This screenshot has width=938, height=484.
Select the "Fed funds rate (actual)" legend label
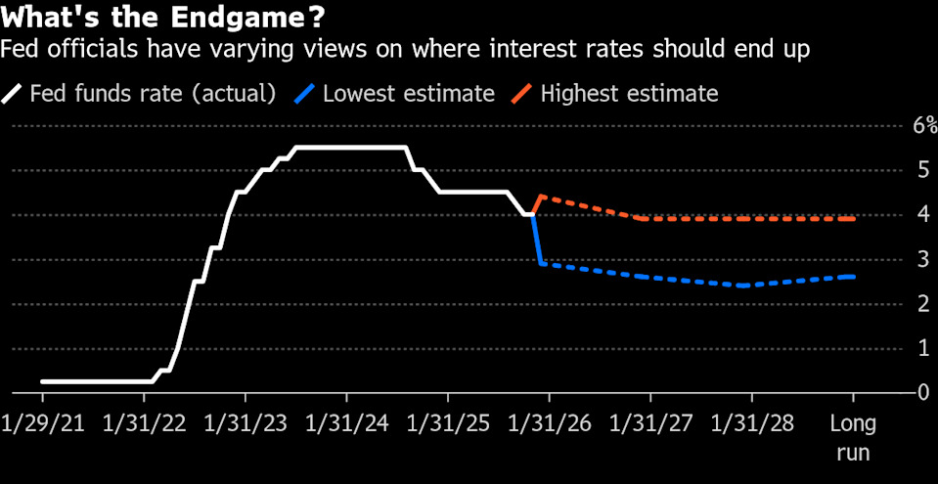pyautogui.click(x=153, y=94)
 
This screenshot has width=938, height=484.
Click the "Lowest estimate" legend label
pyautogui.click(x=408, y=94)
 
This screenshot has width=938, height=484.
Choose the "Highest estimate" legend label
pyautogui.click(x=629, y=94)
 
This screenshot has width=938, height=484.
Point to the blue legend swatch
pyautogui.click(x=303, y=94)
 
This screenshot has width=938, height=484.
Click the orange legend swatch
pyautogui.click(x=521, y=94)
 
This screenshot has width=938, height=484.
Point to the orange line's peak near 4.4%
pyautogui.click(x=541, y=197)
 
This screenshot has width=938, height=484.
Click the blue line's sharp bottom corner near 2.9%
pyautogui.click(x=541, y=263)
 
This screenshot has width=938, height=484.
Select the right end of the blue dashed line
pyautogui.click(x=854, y=277)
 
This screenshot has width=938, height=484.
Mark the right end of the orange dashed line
pyautogui.click(x=854, y=219)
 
